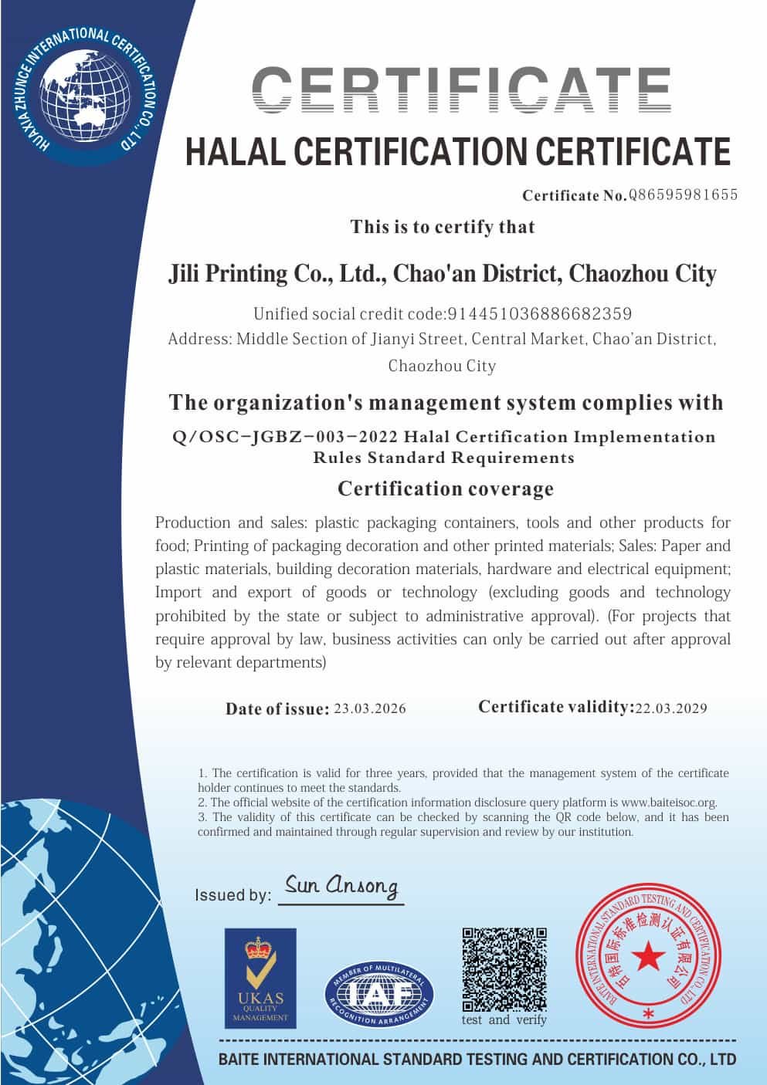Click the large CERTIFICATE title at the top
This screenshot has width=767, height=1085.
[x=462, y=92]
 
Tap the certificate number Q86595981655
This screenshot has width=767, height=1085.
[x=683, y=194]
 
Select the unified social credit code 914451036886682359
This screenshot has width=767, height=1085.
[x=539, y=314]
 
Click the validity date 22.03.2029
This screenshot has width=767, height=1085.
[x=670, y=708]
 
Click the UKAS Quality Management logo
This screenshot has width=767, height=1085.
[x=260, y=978]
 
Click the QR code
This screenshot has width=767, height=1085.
[x=504, y=969]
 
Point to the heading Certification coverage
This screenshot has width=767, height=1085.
[x=446, y=488]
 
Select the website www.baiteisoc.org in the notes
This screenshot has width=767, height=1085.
[x=669, y=803]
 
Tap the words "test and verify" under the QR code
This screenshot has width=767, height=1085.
[x=504, y=1020]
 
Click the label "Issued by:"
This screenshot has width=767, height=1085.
[x=232, y=895]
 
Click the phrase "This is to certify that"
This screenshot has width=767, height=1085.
[x=443, y=227]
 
